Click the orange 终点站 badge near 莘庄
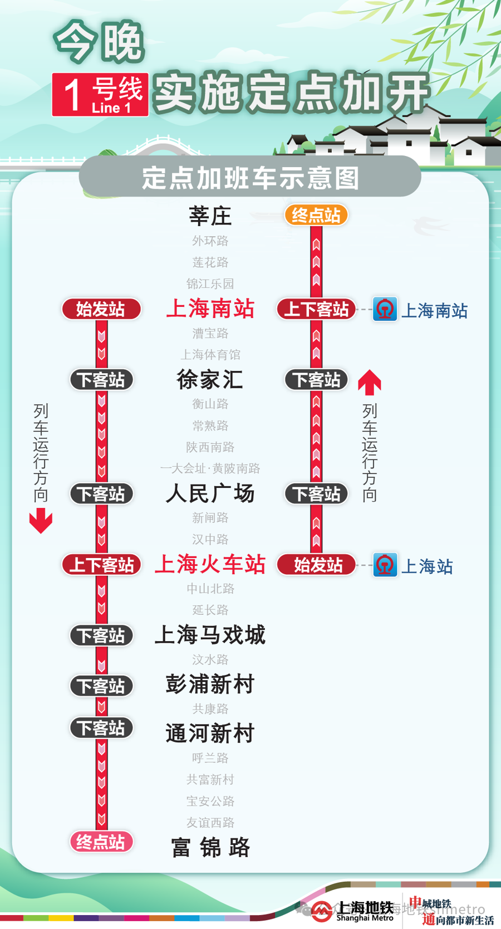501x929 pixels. pyautogui.click(x=316, y=215)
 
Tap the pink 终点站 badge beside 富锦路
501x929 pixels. pyautogui.click(x=101, y=842)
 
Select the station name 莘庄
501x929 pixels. pyautogui.click(x=210, y=216)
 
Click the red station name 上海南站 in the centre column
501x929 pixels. pyautogui.click(x=210, y=309)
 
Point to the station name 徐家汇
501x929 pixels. pyautogui.click(x=210, y=380)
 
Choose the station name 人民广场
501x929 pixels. pyautogui.click(x=210, y=493)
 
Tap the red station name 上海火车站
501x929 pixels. pyautogui.click(x=210, y=565)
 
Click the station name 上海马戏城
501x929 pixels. pyautogui.click(x=210, y=635)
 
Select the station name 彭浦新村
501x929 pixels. pyautogui.click(x=210, y=684)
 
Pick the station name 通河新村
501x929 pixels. pyautogui.click(x=210, y=734)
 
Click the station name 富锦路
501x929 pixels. pyautogui.click(x=210, y=847)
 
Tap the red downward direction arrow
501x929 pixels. pyautogui.click(x=41, y=520)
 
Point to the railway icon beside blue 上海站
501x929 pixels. pyautogui.click(x=385, y=565)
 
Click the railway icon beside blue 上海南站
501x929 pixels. pyautogui.click(x=385, y=309)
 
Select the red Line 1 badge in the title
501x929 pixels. pyautogui.click(x=100, y=95)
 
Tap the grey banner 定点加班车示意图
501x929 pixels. pyautogui.click(x=250, y=178)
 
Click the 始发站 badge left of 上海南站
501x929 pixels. pyautogui.click(x=101, y=309)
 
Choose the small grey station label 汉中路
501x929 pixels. pyautogui.click(x=210, y=539)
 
